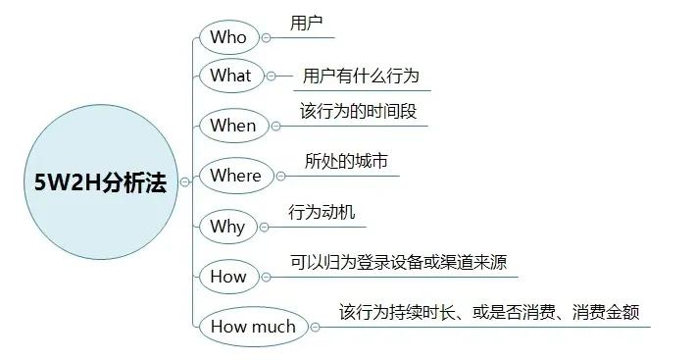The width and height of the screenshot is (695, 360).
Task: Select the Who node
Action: pyautogui.click(x=229, y=38)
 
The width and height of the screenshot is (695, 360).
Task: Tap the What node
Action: pyautogui.click(x=231, y=76)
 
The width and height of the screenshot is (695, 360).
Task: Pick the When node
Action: pyautogui.click(x=233, y=126)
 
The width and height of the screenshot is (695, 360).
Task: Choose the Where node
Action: pyautogui.click(x=236, y=176)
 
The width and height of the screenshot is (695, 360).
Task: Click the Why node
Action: pyautogui.click(x=227, y=227)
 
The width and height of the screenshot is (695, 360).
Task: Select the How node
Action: pyautogui.click(x=228, y=277)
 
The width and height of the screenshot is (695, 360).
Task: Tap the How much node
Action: pyautogui.click(x=253, y=327)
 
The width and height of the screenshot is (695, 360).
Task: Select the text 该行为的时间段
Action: pyautogui.click(x=358, y=112)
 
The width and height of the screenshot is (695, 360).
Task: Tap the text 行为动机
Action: pyautogui.click(x=322, y=213)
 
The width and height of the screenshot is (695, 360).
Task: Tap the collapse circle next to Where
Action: pyautogui.click(x=280, y=177)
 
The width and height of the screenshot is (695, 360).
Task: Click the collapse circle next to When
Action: pyautogui.click(x=274, y=127)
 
